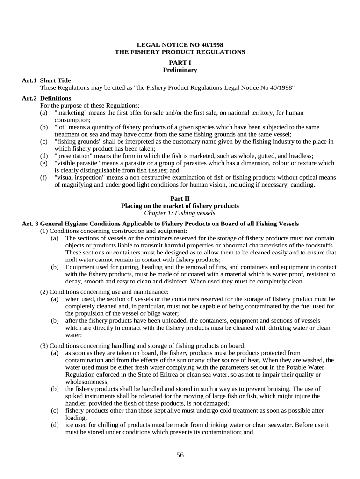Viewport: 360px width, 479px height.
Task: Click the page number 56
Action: pyautogui.click(x=180, y=455)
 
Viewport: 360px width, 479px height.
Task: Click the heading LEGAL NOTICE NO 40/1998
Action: pyautogui.click(x=180, y=45)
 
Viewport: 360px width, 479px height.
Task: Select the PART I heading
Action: pyautogui.click(x=180, y=63)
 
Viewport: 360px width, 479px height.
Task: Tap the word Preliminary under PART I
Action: pyautogui.click(x=180, y=70)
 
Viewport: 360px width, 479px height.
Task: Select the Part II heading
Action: pyautogui.click(x=180, y=199)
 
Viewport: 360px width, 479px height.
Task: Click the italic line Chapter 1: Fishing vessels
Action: pyautogui.click(x=180, y=213)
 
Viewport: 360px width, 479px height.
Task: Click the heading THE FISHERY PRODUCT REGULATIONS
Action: pyautogui.click(x=180, y=52)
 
